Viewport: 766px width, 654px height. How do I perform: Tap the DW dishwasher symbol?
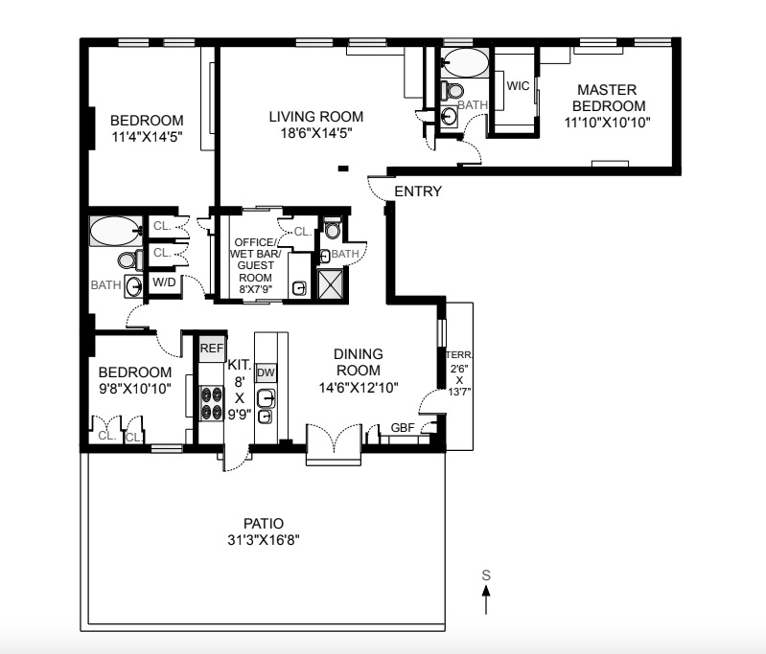coord(267,372)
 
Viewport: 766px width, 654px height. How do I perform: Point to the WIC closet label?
coord(518,86)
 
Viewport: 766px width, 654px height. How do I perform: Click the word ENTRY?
coord(418,192)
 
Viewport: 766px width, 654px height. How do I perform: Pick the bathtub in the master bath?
coord(466,63)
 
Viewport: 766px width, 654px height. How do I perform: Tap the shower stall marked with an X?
coord(334,284)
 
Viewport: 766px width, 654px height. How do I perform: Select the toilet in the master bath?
coord(450,91)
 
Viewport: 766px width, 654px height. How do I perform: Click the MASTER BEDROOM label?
coord(606,98)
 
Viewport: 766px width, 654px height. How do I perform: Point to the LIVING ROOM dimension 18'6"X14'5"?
coord(316,134)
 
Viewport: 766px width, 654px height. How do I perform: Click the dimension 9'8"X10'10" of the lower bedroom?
coord(135,390)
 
